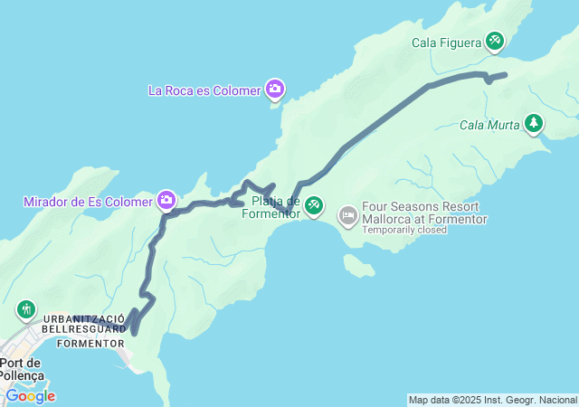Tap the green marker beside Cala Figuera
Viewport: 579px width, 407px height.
(494, 40)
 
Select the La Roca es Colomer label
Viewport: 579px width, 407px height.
(204, 90)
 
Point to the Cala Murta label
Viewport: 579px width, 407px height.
(489, 125)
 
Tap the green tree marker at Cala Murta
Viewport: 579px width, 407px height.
(535, 123)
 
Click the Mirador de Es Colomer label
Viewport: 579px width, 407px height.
(88, 201)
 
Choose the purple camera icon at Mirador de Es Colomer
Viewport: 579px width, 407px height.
(166, 200)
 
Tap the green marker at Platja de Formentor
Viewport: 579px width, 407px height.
(314, 206)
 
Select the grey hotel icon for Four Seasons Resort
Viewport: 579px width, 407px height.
(348, 215)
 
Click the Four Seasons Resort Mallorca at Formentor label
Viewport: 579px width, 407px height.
(424, 213)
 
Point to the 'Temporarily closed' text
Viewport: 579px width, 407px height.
(404, 230)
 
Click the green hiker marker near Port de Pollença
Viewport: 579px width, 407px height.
(24, 310)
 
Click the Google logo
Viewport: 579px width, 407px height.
(30, 396)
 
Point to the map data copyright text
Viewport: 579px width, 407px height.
(491, 400)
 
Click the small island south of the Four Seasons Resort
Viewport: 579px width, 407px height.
(359, 266)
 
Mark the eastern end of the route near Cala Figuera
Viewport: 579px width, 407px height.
(505, 74)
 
